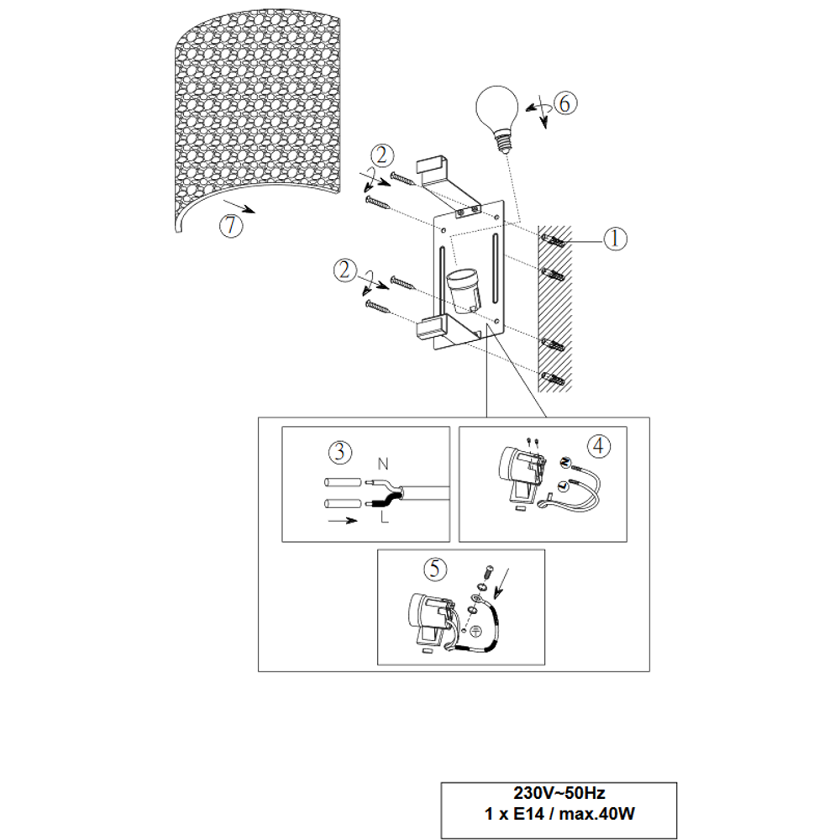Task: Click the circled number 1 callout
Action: [615, 239]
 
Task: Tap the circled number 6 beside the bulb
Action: [565, 102]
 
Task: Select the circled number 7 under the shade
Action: [231, 225]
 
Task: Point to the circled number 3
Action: [339, 452]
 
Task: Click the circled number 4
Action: [599, 446]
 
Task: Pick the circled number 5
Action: [434, 569]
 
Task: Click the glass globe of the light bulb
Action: [497, 108]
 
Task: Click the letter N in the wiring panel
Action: [382, 464]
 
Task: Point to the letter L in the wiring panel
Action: [384, 517]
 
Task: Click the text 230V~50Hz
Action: [559, 793]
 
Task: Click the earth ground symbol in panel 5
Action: [475, 632]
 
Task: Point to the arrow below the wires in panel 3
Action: [343, 520]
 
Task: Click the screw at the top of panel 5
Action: [487, 573]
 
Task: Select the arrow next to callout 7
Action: [239, 207]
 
